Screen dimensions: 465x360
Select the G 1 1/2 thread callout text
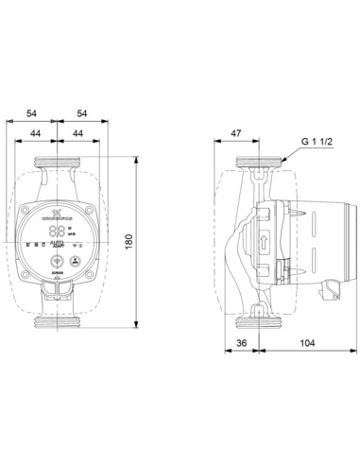(x=318, y=142)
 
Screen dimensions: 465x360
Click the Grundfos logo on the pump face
(x=59, y=215)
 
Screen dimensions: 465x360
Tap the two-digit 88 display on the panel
(x=58, y=232)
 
